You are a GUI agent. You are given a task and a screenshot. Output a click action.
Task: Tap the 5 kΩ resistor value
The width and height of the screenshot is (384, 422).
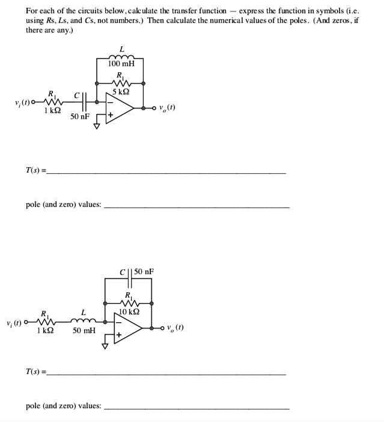(x=121, y=91)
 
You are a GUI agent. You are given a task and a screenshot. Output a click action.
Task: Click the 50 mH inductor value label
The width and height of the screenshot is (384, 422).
(x=84, y=331)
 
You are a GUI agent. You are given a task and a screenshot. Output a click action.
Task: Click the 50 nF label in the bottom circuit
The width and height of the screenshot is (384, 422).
(x=144, y=272)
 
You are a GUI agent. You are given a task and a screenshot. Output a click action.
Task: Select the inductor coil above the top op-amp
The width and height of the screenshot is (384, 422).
(x=121, y=55)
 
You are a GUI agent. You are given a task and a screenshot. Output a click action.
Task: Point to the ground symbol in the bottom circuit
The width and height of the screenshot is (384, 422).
(x=104, y=347)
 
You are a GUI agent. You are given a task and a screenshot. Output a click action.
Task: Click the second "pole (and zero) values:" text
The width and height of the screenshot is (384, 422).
(x=63, y=406)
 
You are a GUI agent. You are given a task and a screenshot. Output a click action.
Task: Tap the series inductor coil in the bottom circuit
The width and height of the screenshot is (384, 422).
(x=84, y=320)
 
